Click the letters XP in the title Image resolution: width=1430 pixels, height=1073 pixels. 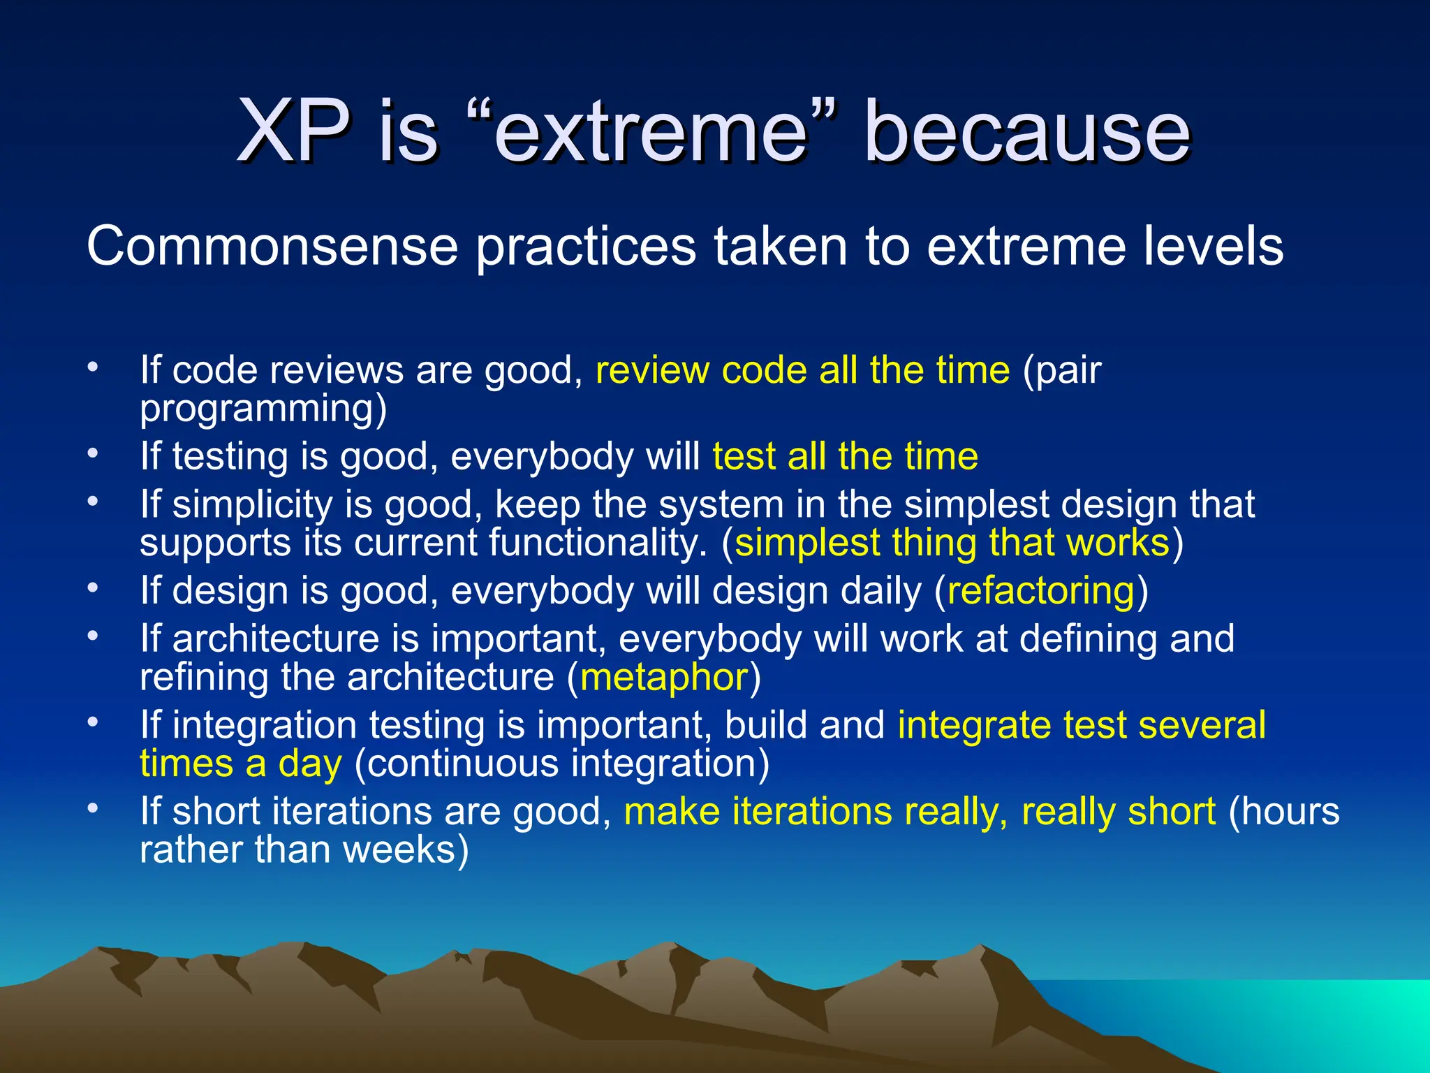[293, 131]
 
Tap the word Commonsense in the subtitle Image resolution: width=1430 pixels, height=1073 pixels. [272, 246]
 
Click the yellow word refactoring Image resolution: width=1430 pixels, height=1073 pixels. [1041, 590]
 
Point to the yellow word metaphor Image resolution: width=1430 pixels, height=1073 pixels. [664, 677]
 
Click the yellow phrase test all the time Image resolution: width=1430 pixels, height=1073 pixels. [845, 456]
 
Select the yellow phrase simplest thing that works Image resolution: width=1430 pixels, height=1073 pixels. [952, 543]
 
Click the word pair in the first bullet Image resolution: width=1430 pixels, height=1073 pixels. [1068, 370]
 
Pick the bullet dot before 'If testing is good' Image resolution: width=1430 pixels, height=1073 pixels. [93, 453]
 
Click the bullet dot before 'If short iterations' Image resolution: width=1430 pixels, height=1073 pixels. [93, 808]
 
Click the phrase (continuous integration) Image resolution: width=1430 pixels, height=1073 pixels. [561, 764]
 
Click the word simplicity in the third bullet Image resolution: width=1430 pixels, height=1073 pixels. [252, 504]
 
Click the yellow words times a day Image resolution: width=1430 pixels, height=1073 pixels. [241, 764]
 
